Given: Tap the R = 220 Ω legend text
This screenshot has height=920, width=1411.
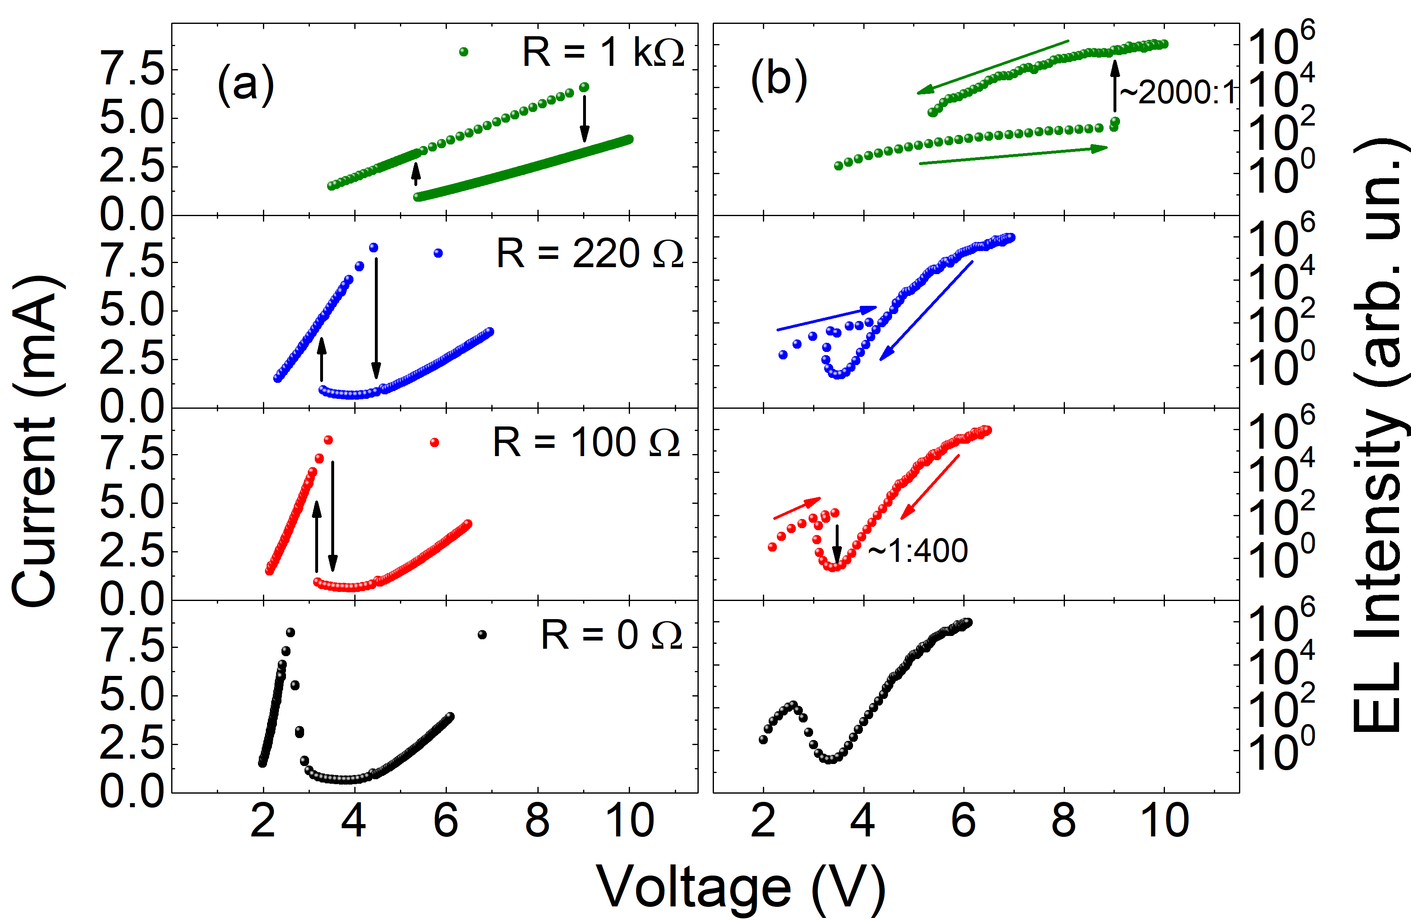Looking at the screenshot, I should [590, 254].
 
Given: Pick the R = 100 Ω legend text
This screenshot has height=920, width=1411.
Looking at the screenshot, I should [586, 443].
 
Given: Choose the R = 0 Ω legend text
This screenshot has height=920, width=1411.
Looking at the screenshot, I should [611, 635].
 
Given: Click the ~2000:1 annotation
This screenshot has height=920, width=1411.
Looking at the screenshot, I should [1177, 93].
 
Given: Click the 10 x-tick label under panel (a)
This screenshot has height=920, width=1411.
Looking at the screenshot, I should [629, 821].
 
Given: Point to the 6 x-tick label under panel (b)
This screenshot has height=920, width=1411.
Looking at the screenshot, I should [963, 821].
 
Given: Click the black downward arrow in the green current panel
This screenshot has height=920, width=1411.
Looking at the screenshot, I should [585, 119].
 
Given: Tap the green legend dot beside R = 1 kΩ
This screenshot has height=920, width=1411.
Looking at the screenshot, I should [464, 52].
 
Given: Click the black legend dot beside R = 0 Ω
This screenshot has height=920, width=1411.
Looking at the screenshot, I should [482, 635].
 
